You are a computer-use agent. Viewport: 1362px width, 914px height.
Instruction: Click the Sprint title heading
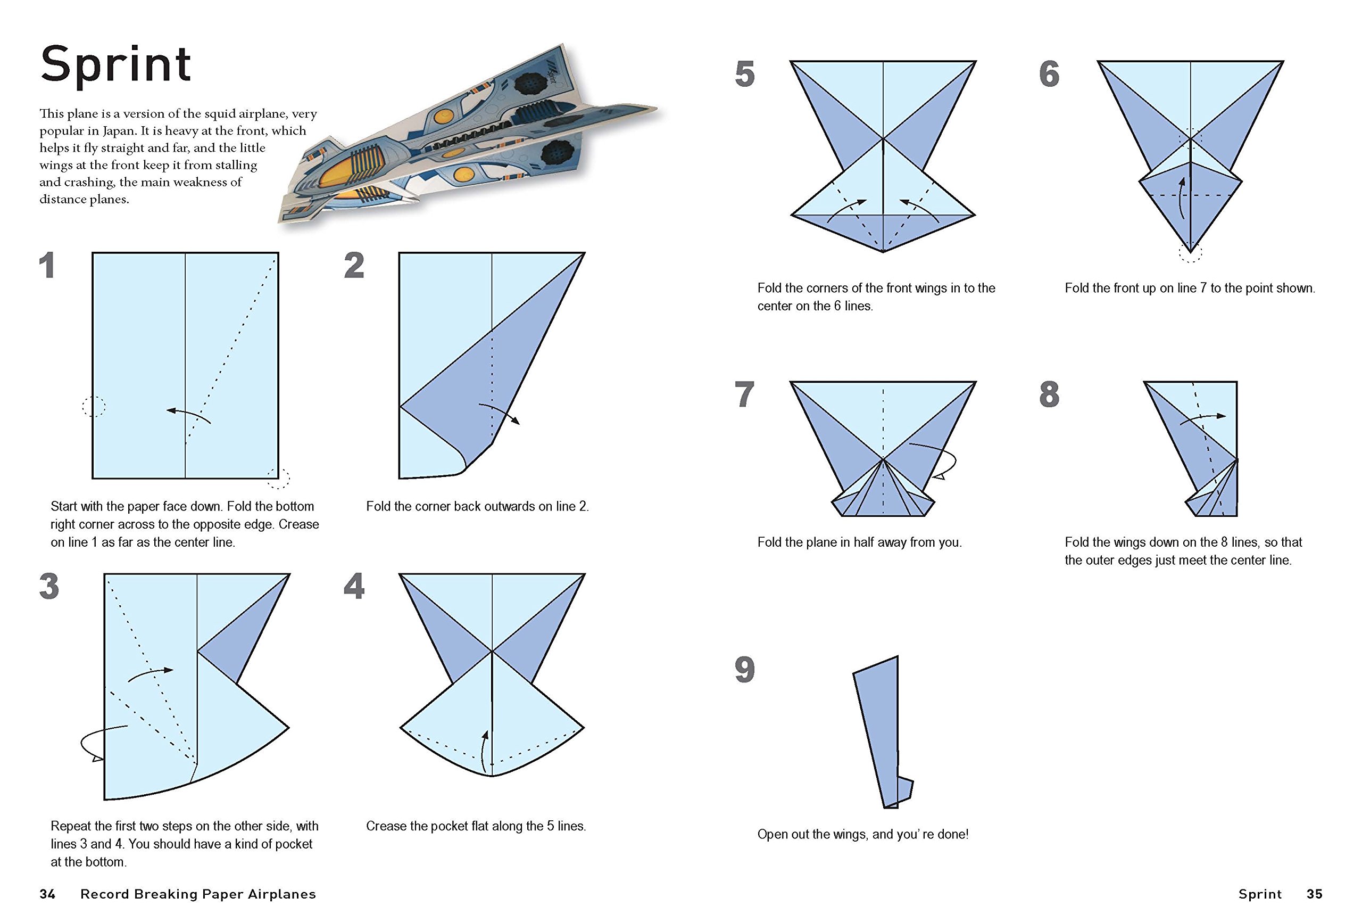[115, 65]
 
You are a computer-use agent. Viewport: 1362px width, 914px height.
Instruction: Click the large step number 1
[47, 266]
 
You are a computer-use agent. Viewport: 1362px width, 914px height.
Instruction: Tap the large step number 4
[354, 587]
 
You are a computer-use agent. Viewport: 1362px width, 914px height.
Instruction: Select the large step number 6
[1049, 75]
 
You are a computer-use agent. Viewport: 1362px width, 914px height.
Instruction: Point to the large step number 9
[745, 670]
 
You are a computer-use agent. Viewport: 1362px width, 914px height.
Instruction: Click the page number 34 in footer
[47, 894]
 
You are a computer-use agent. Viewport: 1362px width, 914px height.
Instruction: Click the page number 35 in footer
[1315, 894]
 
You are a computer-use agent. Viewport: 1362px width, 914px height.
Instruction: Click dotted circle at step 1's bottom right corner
[278, 478]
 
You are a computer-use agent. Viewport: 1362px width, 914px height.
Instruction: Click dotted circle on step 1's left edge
[93, 406]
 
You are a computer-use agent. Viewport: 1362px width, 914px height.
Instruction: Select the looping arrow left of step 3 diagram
[99, 744]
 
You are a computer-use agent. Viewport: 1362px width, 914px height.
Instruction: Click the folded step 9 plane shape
[881, 735]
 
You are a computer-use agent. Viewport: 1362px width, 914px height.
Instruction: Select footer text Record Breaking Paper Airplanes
[198, 894]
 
